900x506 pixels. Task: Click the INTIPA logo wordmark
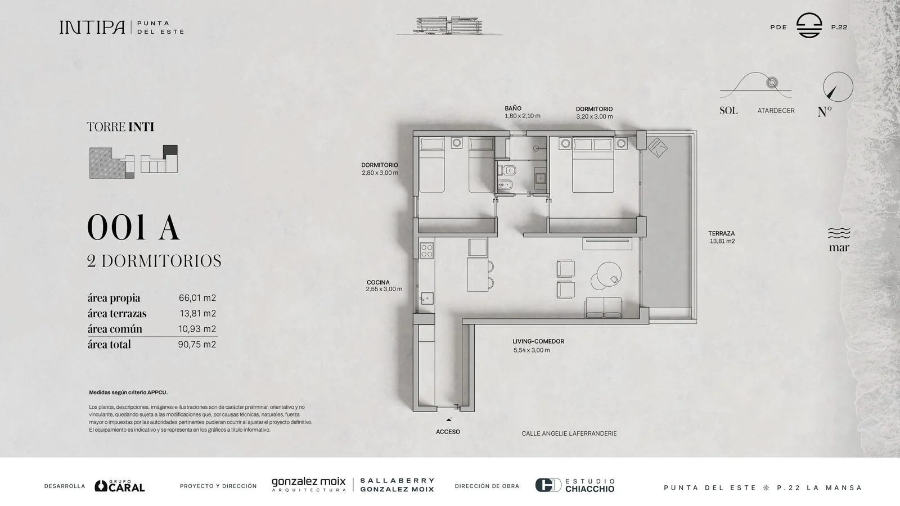(92, 28)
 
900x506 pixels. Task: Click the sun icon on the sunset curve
(772, 83)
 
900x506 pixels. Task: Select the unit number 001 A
(133, 227)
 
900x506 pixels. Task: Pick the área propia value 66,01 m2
(197, 298)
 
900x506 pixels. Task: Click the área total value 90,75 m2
(197, 344)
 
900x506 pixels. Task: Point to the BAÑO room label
(513, 109)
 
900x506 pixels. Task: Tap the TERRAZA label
(722, 233)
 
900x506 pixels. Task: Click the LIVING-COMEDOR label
(538, 341)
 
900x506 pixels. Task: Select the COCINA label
(378, 282)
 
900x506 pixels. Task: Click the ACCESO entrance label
(448, 432)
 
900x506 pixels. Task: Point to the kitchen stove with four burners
(427, 251)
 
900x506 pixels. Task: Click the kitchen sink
(427, 299)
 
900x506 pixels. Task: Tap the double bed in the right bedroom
(593, 165)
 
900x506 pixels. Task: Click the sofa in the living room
(604, 308)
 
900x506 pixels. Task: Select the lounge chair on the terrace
(658, 147)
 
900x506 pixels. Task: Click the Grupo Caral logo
(120, 486)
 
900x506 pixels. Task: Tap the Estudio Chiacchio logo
(575, 485)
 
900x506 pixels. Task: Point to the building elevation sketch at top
(449, 26)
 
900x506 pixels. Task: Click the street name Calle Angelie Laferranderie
(569, 433)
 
